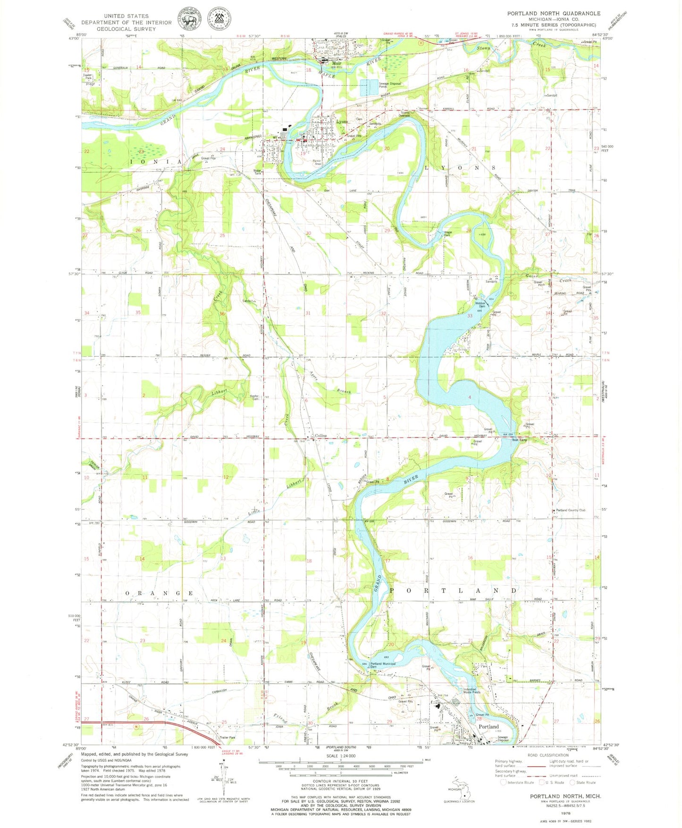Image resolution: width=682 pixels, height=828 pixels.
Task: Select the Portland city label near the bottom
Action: coord(488,727)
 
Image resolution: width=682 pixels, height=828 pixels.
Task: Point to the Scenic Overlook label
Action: coord(409,114)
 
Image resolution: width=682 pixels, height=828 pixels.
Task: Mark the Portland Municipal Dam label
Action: coord(383,665)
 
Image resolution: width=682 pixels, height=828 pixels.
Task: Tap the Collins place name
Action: coord(321,435)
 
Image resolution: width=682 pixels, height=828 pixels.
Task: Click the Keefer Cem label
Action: coord(254,397)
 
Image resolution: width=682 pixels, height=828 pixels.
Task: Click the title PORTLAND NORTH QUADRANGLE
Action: coord(554,13)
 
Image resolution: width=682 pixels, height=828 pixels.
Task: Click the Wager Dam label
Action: coord(448,234)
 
